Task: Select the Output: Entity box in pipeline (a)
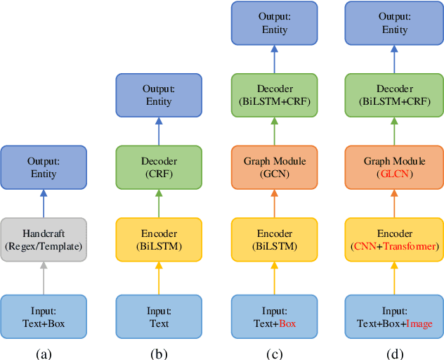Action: (x=44, y=167)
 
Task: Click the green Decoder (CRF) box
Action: (x=159, y=167)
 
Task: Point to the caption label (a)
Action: (x=44, y=354)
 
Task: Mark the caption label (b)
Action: (x=159, y=354)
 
